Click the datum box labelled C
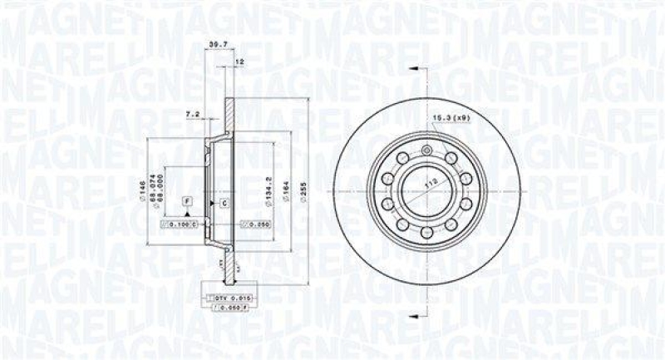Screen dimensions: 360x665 pyautogui.click(x=224, y=202)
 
